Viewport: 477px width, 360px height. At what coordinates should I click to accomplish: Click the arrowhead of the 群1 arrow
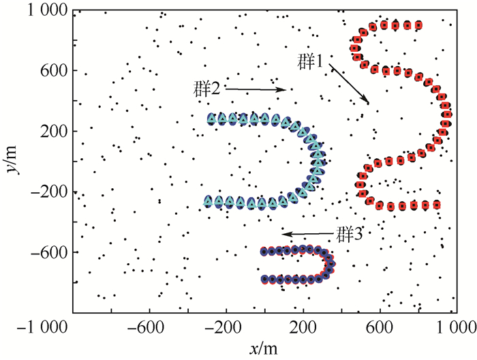click(369, 103)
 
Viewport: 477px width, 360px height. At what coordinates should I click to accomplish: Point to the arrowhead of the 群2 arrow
click(284, 89)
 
